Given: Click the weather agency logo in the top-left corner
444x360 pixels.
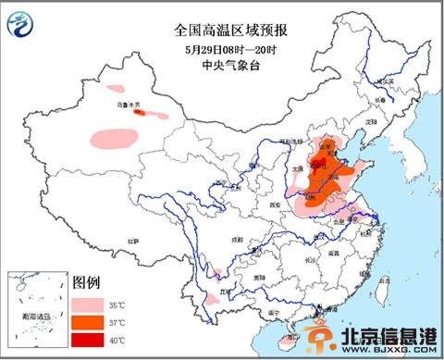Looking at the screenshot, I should [x=19, y=25].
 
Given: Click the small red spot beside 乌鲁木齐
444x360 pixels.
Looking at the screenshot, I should [x=141, y=112].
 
